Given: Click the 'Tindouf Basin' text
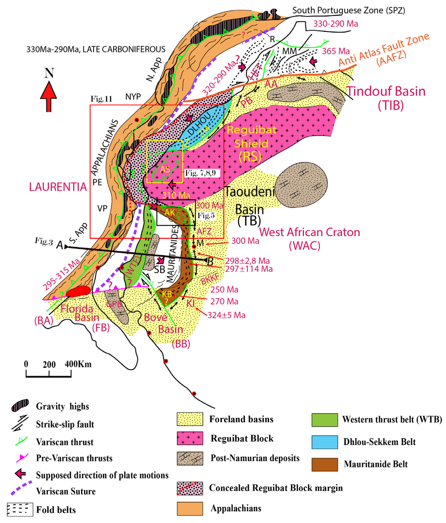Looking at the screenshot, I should click(386, 91).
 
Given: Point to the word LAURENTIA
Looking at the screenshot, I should click(58, 187).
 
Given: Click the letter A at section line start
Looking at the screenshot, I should click(60, 245).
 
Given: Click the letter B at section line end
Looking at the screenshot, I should click(210, 262).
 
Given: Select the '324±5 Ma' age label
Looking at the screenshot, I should click(226, 315).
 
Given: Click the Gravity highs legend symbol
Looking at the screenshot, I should click(20, 406).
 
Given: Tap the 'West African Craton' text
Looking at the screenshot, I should click(309, 232).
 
